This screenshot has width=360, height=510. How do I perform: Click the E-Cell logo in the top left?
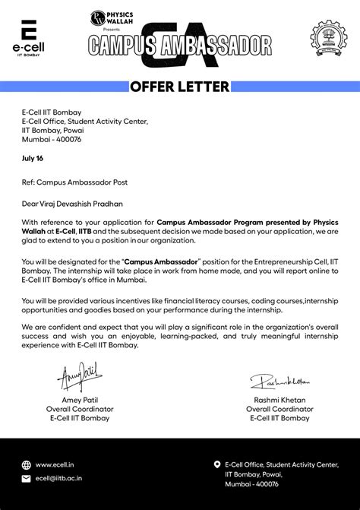click(30, 37)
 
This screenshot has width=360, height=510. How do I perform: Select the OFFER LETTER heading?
click(179, 87)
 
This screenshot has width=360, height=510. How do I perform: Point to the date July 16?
click(33, 158)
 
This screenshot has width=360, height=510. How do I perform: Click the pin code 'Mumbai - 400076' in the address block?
click(52, 140)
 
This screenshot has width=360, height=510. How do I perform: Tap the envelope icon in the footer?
click(27, 479)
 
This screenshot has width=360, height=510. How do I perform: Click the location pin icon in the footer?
click(217, 464)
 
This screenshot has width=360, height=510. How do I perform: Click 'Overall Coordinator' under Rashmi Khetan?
click(279, 409)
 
